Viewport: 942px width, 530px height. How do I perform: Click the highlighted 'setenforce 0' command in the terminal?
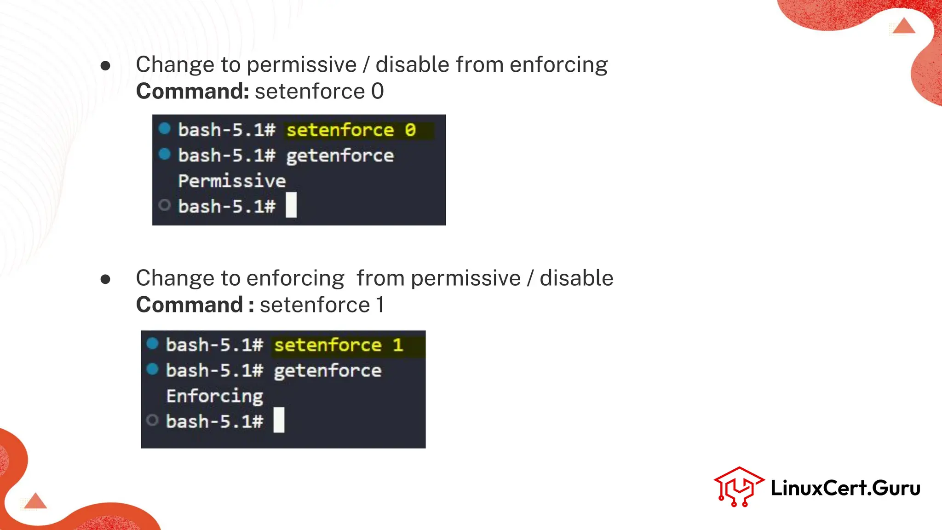(351, 130)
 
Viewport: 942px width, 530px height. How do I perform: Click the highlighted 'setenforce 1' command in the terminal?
(339, 345)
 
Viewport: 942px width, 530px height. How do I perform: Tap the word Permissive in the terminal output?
(232, 181)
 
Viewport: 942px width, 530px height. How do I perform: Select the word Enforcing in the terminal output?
(215, 396)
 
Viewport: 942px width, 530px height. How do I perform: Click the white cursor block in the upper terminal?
(291, 205)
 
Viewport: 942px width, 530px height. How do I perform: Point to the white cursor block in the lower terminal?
(279, 420)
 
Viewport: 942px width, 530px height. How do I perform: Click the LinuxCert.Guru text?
(845, 488)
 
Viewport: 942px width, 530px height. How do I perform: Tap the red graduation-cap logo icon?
(738, 487)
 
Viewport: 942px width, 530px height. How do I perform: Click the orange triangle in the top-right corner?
(904, 26)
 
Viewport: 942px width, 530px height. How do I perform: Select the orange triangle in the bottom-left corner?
(35, 501)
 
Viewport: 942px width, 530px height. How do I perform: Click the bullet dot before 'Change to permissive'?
(105, 66)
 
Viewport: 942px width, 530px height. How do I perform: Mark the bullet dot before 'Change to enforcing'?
(105, 279)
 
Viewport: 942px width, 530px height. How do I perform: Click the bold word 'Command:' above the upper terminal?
(193, 91)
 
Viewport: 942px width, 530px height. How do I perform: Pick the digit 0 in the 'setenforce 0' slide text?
(377, 91)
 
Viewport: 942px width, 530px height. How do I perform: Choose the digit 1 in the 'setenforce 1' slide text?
(380, 305)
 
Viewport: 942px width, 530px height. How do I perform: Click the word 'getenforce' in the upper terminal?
(340, 156)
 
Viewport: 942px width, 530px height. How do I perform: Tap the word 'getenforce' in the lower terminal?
(327, 371)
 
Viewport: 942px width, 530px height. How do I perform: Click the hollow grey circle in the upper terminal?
(164, 205)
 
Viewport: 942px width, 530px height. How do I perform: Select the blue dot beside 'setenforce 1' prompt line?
(152, 344)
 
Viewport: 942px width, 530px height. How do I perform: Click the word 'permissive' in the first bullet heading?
(302, 65)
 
